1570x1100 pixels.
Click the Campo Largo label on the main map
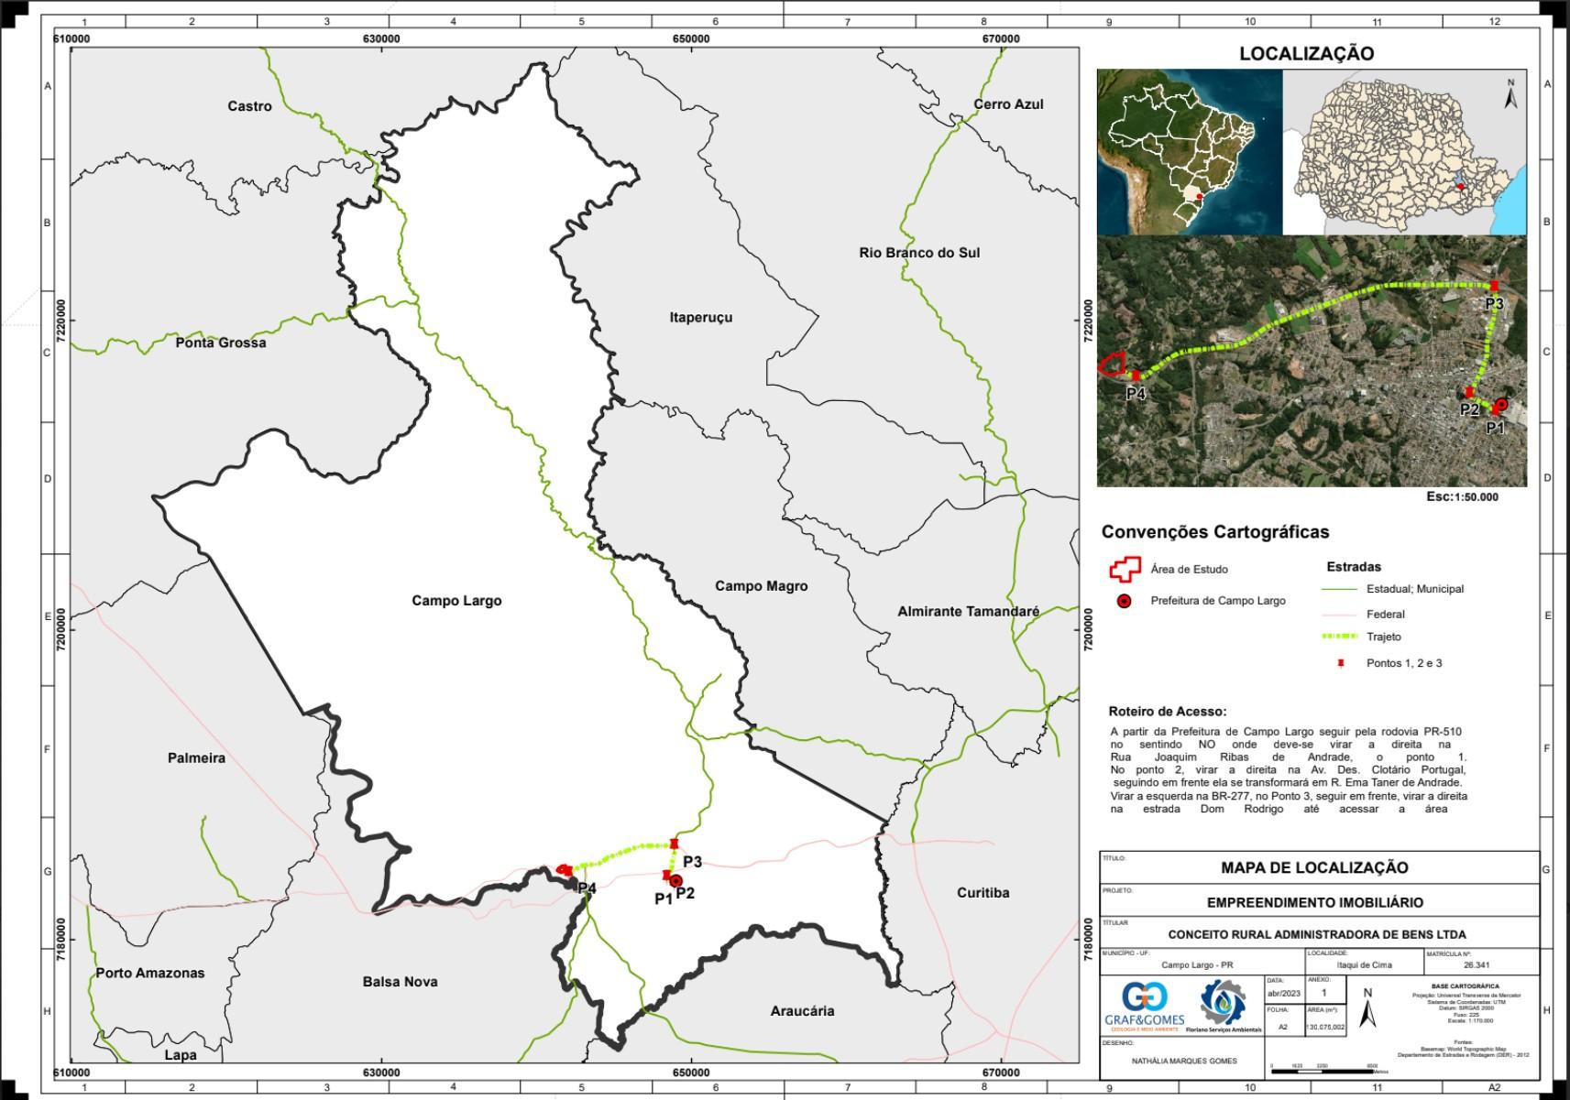click(x=456, y=601)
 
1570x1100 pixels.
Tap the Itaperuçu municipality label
click(x=701, y=317)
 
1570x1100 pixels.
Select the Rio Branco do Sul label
click(x=919, y=253)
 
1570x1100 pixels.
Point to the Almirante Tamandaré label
click(x=968, y=611)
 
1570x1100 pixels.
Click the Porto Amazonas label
click(x=150, y=973)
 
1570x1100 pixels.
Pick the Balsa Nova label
click(x=400, y=981)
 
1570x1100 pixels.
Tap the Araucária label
click(x=802, y=1011)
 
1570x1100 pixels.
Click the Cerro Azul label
click(x=1008, y=104)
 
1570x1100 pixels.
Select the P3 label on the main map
click(x=692, y=862)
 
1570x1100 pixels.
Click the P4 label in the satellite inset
click(x=1136, y=394)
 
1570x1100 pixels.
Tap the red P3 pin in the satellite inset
click(x=1494, y=286)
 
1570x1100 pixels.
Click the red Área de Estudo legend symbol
click(x=1124, y=569)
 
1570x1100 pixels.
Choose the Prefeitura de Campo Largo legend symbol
click(x=1124, y=602)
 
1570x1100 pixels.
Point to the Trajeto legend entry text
click(x=1383, y=637)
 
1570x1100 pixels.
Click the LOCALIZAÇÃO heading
click(x=1306, y=53)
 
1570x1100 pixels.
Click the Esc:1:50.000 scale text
click(x=1462, y=496)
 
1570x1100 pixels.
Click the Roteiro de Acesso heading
click(x=1167, y=711)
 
